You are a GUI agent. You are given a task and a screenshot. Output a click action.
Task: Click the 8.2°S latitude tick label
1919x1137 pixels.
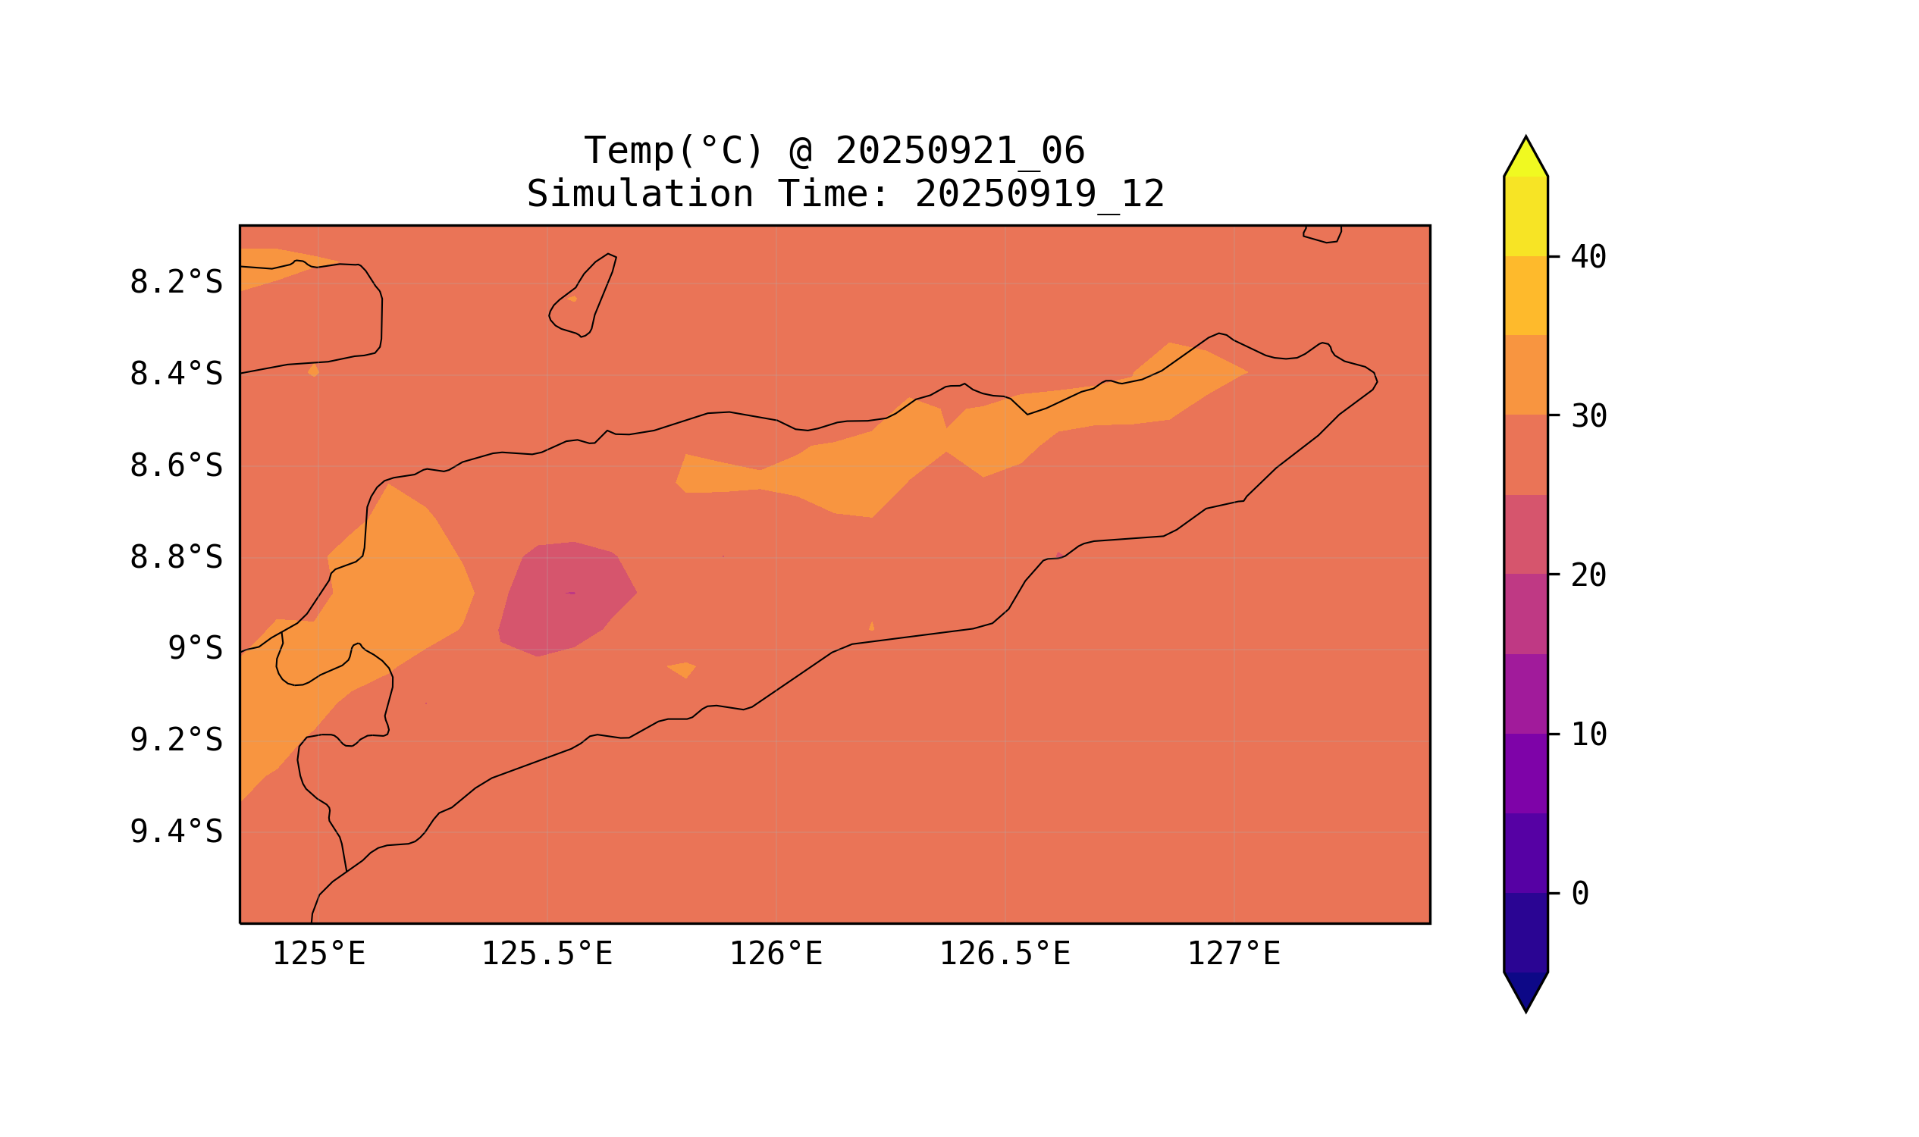pyautogui.click(x=176, y=283)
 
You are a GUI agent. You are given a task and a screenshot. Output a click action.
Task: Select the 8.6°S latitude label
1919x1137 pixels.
pyautogui.click(x=176, y=466)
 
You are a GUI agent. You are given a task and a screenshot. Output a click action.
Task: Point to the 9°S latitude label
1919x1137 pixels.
pyautogui.click(x=196, y=649)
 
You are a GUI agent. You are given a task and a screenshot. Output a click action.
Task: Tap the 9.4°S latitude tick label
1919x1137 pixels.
pyautogui.click(x=176, y=832)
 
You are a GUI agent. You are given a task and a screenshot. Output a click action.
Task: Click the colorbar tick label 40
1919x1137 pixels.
pyautogui.click(x=1588, y=258)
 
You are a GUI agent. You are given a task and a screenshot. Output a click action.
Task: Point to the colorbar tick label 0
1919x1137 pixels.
pyautogui.click(x=1580, y=894)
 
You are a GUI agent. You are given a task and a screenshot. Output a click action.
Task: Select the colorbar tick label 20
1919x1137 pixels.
pyautogui.click(x=1588, y=576)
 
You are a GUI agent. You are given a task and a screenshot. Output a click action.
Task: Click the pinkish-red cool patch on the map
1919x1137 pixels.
pyautogui.click(x=567, y=597)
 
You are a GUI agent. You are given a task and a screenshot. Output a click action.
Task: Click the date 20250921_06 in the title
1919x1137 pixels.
pyautogui.click(x=960, y=151)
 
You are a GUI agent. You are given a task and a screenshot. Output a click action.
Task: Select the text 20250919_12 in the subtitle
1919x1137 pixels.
pyautogui.click(x=1039, y=195)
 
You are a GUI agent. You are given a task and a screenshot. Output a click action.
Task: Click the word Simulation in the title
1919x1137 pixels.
pyautogui.click(x=640, y=195)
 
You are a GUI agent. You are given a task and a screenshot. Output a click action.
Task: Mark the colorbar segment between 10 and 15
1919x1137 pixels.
pyautogui.click(x=1525, y=694)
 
